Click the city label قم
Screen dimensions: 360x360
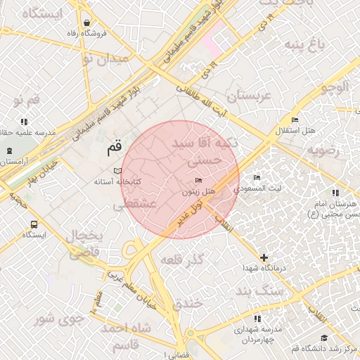[x=114, y=148]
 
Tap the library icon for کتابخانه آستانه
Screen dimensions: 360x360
[x=117, y=171]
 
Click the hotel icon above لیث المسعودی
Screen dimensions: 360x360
[x=257, y=177]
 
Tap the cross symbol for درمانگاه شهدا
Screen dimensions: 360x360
[x=263, y=258]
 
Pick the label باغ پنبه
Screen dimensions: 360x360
[x=305, y=46]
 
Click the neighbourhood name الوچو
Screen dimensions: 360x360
[x=333, y=88]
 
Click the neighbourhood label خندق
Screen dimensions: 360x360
[x=187, y=302]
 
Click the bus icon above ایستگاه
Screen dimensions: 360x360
[x=34, y=224]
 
